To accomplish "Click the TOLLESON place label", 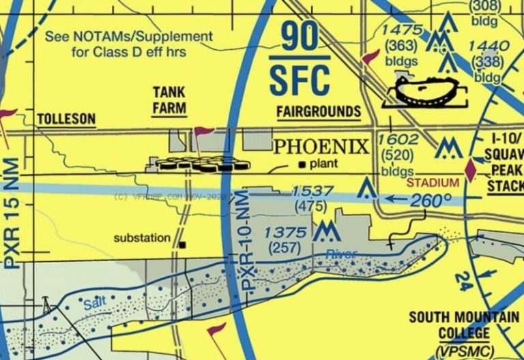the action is click(x=66, y=119).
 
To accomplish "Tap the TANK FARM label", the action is click(x=170, y=100).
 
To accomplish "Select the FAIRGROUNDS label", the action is click(x=319, y=112).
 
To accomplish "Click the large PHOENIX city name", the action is click(x=321, y=147).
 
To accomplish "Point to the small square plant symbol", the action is click(x=302, y=164).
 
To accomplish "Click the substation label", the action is click(x=142, y=238).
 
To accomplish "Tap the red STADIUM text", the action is click(x=432, y=183).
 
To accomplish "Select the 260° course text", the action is click(x=431, y=200).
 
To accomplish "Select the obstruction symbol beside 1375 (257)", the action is click(x=326, y=232).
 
